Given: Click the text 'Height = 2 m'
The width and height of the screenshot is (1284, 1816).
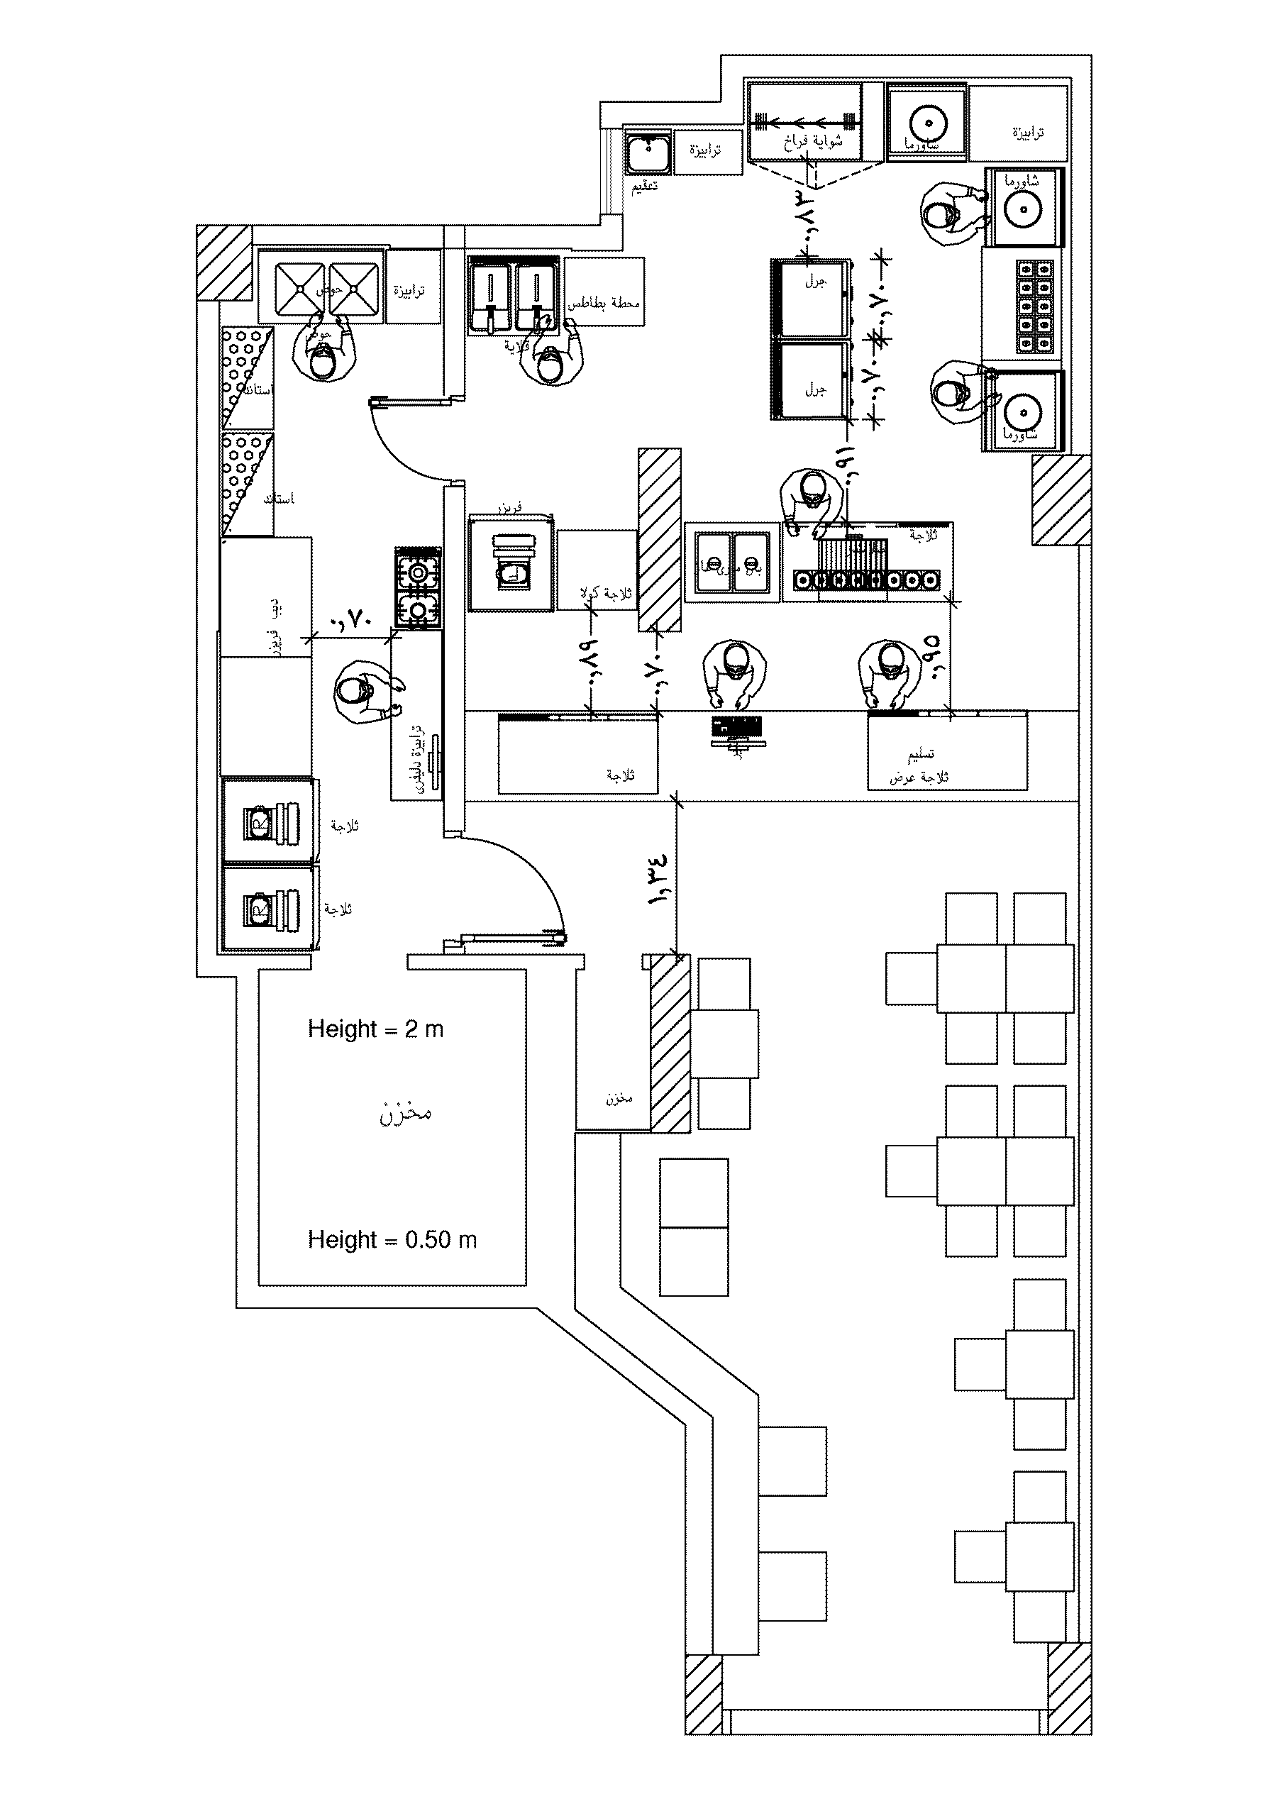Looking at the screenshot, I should [x=375, y=1029].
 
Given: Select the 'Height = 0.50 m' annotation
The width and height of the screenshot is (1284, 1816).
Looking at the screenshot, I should [x=392, y=1239].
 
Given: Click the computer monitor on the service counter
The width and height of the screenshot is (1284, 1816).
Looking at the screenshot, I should [x=736, y=728].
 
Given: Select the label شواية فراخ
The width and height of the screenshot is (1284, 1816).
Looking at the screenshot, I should [x=813, y=142].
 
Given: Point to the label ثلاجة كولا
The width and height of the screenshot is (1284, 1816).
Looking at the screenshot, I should [x=606, y=592].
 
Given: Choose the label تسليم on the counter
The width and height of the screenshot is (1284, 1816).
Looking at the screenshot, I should [x=921, y=754].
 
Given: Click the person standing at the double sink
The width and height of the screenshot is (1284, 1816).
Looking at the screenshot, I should [x=323, y=351].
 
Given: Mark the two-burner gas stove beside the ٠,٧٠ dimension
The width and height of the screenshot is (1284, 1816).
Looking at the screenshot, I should [x=417, y=589].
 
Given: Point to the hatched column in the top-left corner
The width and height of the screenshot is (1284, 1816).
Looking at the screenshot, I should [x=224, y=262].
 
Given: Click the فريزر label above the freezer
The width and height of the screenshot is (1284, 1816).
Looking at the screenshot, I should [x=510, y=506].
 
